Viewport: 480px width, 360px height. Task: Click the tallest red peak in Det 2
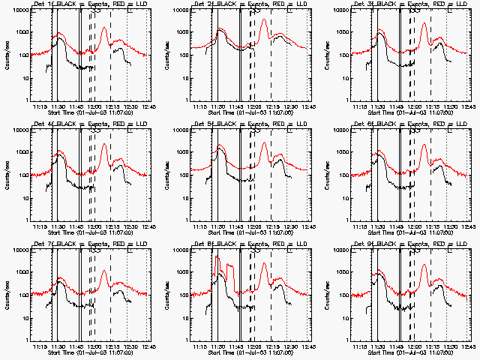[263, 19]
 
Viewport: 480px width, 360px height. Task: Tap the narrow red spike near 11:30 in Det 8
[216, 257]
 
